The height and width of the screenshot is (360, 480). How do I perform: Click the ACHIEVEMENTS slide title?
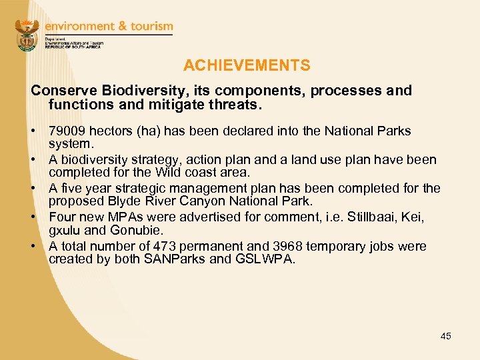247,65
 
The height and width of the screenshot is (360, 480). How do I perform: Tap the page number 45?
446,336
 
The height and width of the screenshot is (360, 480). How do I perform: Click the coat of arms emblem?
27,35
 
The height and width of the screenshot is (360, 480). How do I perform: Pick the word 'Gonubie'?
138,230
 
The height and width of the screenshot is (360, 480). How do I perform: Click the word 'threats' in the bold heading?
237,105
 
